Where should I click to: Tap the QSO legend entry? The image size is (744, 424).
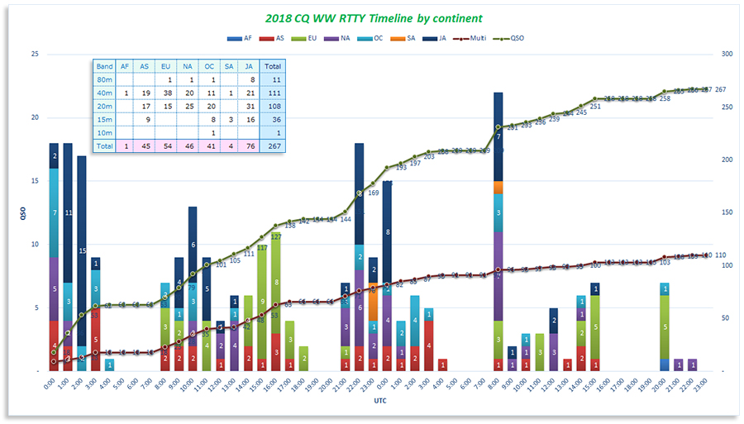point(513,38)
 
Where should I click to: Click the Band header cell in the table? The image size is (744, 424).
point(104,66)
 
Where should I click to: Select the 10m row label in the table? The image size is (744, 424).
point(104,132)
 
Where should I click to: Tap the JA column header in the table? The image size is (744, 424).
point(250,66)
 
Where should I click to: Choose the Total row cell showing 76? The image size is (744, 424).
point(250,145)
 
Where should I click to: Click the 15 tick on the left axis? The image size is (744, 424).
point(34,181)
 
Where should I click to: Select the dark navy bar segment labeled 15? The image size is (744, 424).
point(81,250)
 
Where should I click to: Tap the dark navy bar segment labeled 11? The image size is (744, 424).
point(68,213)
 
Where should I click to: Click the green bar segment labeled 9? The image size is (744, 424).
point(262,302)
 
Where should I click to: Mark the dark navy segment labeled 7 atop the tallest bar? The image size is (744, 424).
point(498,136)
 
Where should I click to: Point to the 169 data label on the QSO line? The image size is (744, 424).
point(373,193)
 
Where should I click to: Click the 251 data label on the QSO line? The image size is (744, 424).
point(595,106)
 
